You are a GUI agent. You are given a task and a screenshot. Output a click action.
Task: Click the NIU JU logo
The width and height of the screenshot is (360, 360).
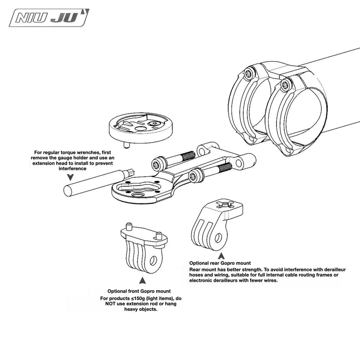[49, 18]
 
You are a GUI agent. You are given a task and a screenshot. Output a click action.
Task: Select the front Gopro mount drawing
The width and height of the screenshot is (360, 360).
[144, 248]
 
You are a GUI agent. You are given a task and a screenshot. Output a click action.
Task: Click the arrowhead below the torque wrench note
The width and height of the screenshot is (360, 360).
[71, 177]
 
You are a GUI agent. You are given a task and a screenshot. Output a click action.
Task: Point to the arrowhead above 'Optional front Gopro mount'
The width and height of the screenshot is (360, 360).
[142, 280]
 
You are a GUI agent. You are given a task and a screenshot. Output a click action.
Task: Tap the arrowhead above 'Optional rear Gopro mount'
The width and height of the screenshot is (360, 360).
[221, 256]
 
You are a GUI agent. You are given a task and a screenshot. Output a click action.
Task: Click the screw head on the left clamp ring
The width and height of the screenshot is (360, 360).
[250, 73]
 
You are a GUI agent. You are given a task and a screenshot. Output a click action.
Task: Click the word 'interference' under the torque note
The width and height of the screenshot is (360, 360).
[72, 168]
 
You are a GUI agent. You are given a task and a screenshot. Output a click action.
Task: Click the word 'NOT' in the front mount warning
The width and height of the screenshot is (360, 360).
[110, 304]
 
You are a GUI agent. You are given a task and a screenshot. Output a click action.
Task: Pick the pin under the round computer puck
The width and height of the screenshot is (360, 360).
[126, 145]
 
